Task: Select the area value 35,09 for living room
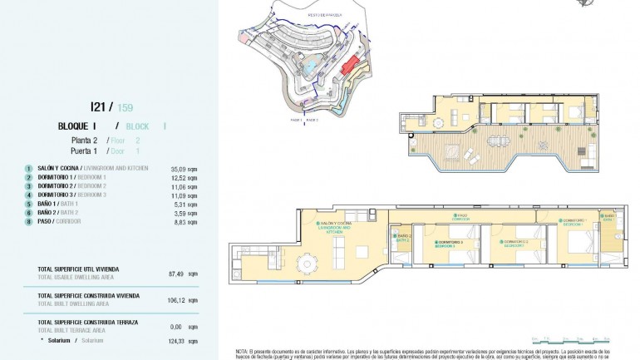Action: (x=180, y=168)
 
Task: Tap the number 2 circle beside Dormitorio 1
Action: (x=28, y=178)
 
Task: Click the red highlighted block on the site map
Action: (x=353, y=62)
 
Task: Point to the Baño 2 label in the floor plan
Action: (x=404, y=239)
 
